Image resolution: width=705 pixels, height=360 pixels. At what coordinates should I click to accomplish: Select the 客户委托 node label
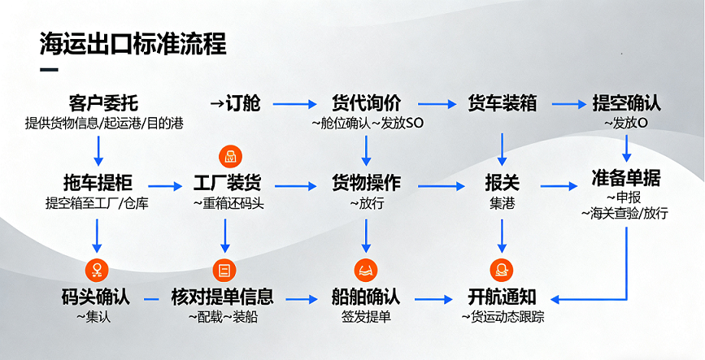pyautogui.click(x=103, y=104)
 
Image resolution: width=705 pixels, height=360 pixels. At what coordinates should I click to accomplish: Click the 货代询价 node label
pyautogui.click(x=367, y=104)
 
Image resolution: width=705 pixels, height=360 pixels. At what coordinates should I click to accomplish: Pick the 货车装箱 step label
pyautogui.click(x=503, y=104)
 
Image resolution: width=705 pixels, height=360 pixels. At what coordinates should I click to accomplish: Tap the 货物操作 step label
pyautogui.click(x=367, y=182)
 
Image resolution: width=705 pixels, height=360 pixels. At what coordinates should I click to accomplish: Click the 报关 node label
pyautogui.click(x=503, y=182)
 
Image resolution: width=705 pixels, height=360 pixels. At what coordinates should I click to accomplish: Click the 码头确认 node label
pyautogui.click(x=96, y=296)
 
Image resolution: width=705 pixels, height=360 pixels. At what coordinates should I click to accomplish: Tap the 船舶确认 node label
pyautogui.click(x=367, y=296)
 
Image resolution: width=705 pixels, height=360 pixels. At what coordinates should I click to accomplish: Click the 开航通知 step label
pyautogui.click(x=503, y=296)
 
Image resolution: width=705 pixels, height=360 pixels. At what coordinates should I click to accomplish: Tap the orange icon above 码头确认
pyautogui.click(x=98, y=269)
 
